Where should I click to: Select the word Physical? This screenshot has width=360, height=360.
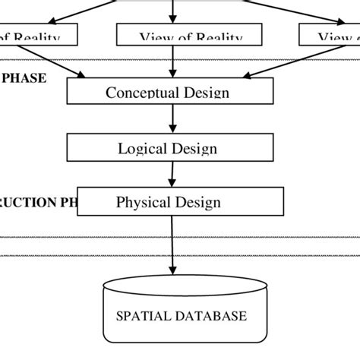pyautogui.click(x=142, y=202)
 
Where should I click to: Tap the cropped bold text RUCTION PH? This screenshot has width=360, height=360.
pyautogui.click(x=38, y=203)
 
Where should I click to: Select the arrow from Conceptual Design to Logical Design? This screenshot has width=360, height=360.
pyautogui.click(x=175, y=118)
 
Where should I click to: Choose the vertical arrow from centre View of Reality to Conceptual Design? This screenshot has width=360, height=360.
pyautogui.click(x=175, y=62)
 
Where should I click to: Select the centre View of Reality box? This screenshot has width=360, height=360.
pyautogui.click(x=189, y=35)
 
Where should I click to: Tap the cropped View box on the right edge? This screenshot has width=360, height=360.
pyautogui.click(x=329, y=35)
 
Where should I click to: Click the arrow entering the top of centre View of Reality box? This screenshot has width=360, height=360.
pyautogui.click(x=175, y=11)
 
